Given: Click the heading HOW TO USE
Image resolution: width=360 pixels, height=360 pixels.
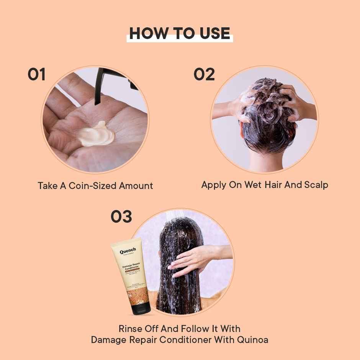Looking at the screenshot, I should (180, 33).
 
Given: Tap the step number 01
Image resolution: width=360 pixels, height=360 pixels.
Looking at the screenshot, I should (36, 74).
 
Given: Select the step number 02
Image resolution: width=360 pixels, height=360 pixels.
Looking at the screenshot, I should (204, 74).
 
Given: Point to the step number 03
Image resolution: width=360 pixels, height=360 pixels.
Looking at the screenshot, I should (121, 217).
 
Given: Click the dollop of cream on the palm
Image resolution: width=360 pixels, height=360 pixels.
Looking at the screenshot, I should (96, 135).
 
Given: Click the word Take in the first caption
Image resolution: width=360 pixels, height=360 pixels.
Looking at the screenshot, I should (46, 186).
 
